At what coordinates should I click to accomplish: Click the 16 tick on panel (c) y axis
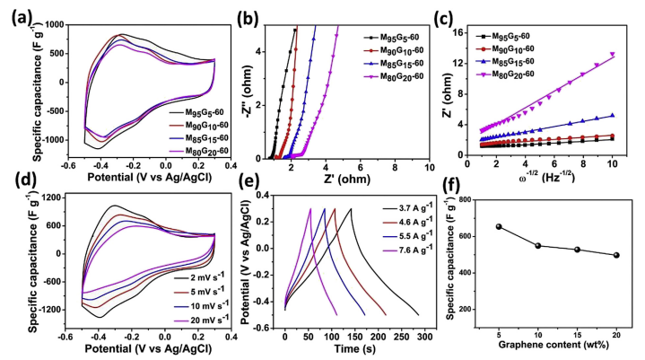pyautogui.click(x=471, y=31)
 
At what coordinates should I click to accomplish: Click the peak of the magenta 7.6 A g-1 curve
pyautogui.click(x=310, y=209)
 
